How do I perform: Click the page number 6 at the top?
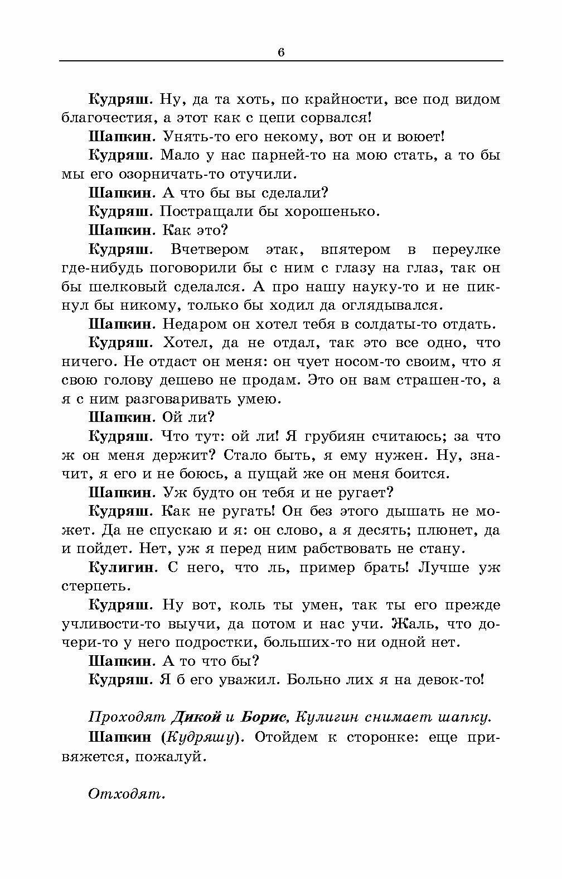pyautogui.click(x=280, y=52)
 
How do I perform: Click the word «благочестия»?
pyautogui.click(x=99, y=118)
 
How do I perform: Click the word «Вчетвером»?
pyautogui.click(x=210, y=249)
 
